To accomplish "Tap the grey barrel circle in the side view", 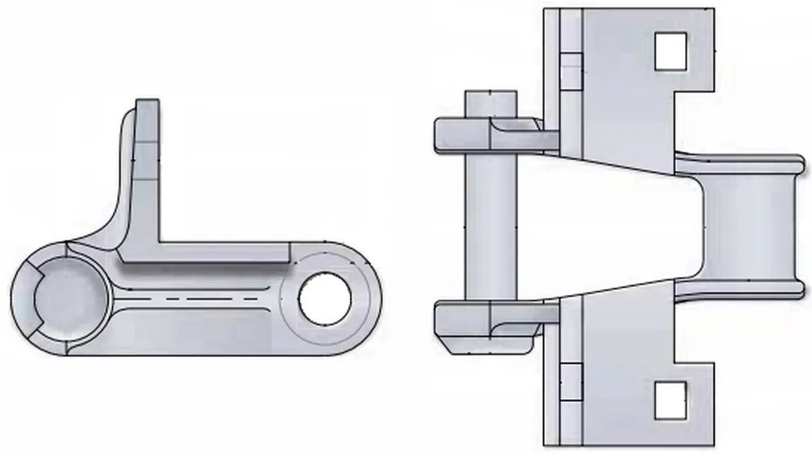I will pyautogui.click(x=69, y=298).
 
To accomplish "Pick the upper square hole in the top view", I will pyautogui.click(x=671, y=50).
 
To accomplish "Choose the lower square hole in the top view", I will pyautogui.click(x=671, y=400).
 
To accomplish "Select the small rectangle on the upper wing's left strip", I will pyautogui.click(x=572, y=69).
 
